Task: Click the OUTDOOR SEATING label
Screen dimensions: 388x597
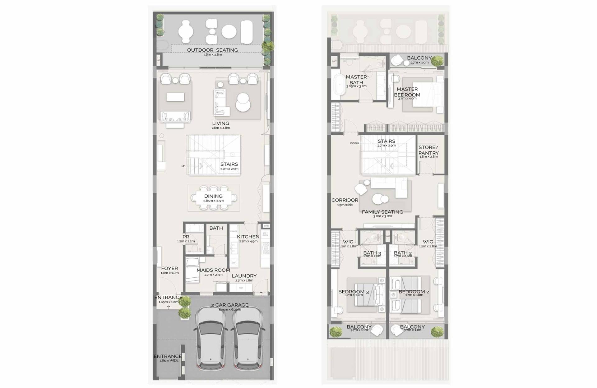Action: tap(212, 50)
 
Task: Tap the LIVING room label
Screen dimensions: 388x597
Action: tap(220, 123)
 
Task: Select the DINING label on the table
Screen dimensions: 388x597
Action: tap(213, 196)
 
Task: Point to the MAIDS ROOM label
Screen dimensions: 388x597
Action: tap(213, 270)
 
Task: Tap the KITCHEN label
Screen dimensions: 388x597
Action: tap(248, 237)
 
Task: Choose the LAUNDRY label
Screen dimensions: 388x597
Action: tap(244, 276)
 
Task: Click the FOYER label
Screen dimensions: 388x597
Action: tap(169, 268)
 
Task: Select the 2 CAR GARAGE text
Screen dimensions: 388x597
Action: tap(229, 305)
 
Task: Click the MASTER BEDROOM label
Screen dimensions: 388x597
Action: tap(407, 92)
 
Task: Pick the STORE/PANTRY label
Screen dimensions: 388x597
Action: tap(428, 150)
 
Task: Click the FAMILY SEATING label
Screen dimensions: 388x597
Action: tap(382, 212)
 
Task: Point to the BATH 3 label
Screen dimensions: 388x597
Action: tap(372, 253)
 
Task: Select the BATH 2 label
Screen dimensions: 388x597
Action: tap(403, 253)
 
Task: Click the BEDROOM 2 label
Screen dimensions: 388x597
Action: tap(414, 292)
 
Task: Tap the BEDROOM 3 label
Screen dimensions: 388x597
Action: tap(353, 292)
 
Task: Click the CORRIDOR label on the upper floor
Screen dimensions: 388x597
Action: tap(345, 200)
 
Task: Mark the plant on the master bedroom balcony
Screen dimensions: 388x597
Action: tap(437, 60)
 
